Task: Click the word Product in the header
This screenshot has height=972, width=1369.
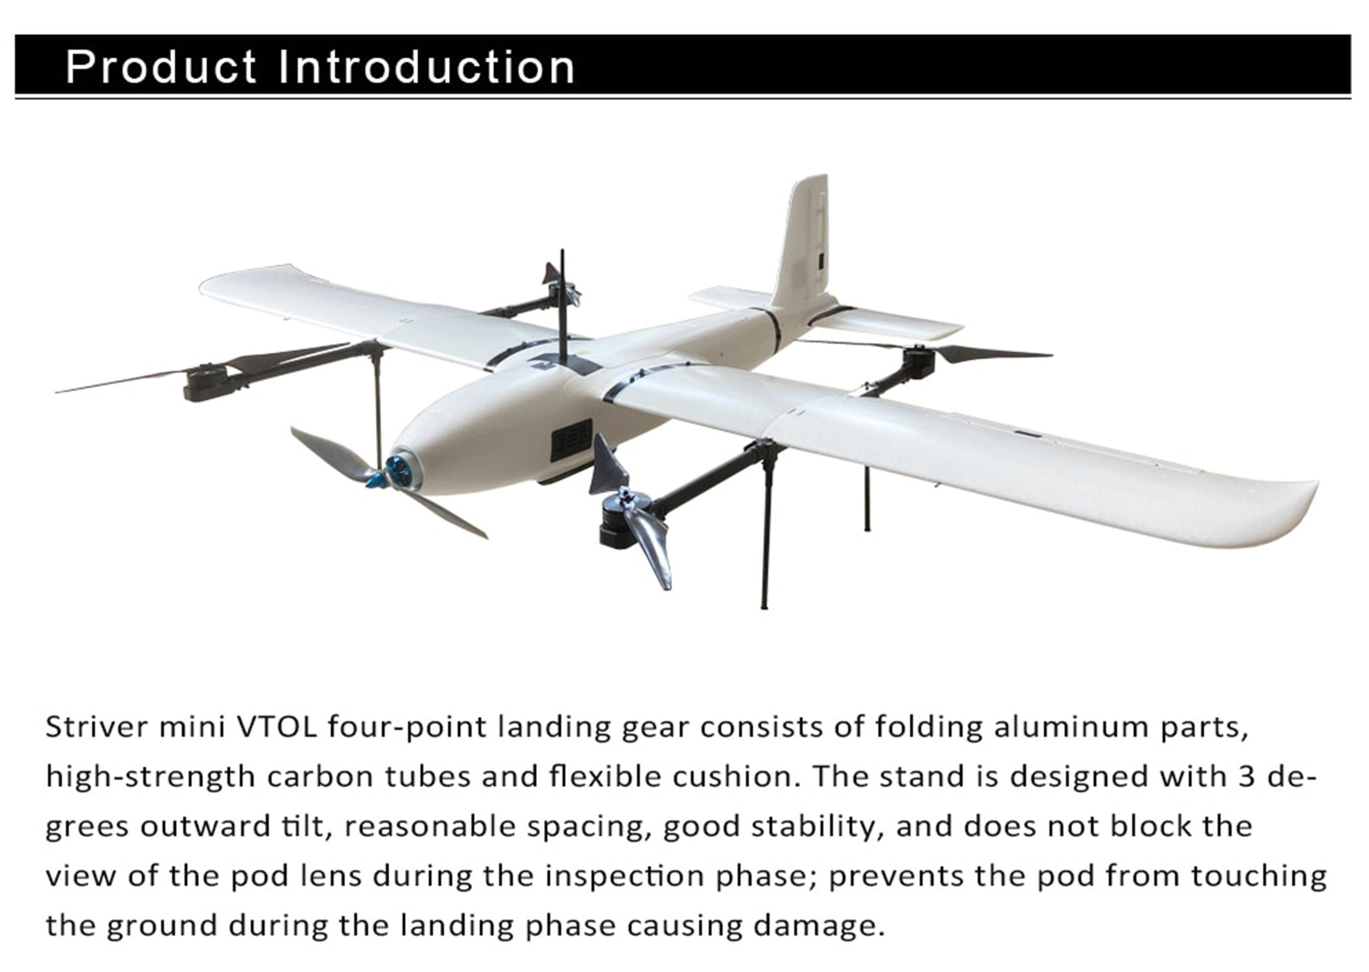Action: [161, 66]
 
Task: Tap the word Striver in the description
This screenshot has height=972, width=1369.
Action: [97, 727]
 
